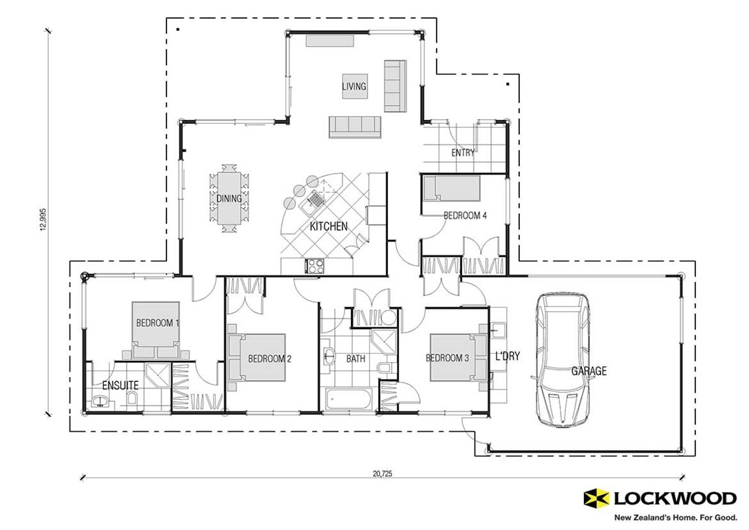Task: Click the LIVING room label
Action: pos(354,87)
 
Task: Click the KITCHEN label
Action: pos(328,226)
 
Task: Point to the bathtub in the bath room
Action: pos(349,399)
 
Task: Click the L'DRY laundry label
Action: pos(507,357)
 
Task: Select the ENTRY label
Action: pos(463,153)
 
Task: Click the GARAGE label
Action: pos(589,371)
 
